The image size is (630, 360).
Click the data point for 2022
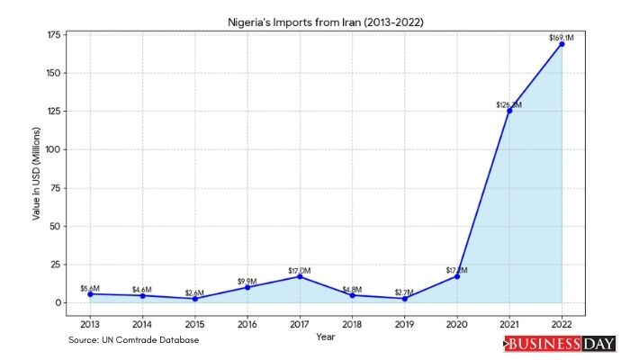562,44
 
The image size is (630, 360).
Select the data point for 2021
509,111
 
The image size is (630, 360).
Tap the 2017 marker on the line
300,276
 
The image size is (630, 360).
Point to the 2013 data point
90,294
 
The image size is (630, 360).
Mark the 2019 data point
404,299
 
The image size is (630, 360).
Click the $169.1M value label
562,37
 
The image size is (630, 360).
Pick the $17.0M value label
300,270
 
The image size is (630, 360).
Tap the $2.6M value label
194,292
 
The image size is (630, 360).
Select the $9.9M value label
247,281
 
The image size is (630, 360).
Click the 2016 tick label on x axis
247,323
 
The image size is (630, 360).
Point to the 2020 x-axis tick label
457,323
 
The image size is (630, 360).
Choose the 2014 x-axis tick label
142,323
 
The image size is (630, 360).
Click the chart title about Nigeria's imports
326,20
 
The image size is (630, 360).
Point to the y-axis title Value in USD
36,168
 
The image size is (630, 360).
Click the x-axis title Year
326,336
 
